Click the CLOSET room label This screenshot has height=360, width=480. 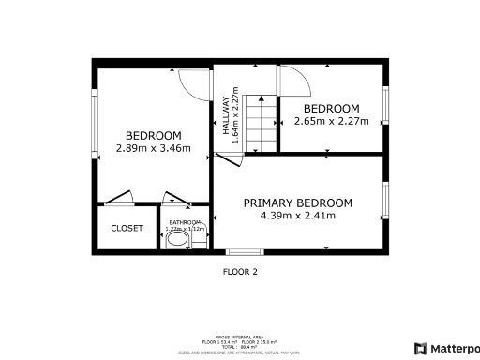127,228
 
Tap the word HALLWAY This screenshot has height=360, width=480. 226,119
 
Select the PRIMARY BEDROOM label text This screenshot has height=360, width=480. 297,202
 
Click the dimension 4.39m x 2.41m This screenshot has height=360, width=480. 297,216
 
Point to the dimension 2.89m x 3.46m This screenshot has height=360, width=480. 153,148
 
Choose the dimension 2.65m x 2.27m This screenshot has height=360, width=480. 331,120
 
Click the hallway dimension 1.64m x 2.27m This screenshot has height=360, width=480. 236,114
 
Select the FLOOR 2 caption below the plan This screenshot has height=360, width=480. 239,272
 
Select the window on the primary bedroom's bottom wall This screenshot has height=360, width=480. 244,251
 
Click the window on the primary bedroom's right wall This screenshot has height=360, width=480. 384,200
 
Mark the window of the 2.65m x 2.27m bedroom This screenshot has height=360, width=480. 384,106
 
